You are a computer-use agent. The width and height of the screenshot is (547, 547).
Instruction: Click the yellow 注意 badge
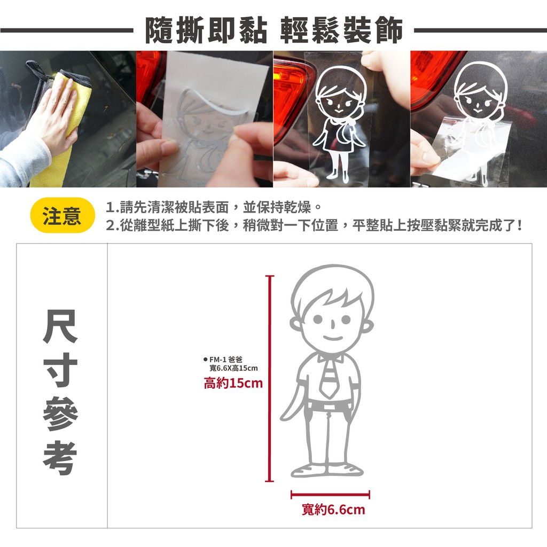62,215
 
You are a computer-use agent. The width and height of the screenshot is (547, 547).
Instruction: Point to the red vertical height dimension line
269,379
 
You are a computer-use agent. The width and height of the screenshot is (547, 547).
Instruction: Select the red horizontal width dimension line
330,494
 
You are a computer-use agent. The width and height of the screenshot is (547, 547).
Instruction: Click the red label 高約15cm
233,383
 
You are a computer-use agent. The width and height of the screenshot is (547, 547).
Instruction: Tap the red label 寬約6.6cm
333,510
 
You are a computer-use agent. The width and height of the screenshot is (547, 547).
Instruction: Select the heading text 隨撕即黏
206,30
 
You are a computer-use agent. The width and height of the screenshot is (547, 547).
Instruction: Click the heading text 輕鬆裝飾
341,30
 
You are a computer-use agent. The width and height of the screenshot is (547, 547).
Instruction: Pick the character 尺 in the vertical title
60,326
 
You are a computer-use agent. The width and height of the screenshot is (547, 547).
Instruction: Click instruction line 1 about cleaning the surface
214,207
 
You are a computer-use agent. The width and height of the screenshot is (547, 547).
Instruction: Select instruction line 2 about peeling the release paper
314,225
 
